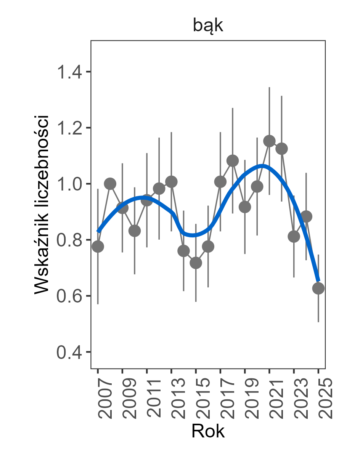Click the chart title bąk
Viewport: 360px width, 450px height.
coord(208,26)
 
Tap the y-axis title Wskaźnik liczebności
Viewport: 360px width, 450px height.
coord(42,204)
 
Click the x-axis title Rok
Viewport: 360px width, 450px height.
coord(208,431)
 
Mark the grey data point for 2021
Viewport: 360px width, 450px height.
coord(270,141)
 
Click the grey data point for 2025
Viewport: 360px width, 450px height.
coord(318,288)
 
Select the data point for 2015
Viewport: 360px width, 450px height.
coord(196,263)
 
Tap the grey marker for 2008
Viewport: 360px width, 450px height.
coord(110,184)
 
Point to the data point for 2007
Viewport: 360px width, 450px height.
coord(98,247)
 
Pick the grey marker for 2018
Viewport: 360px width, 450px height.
coord(233,161)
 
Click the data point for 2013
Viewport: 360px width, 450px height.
coord(171,182)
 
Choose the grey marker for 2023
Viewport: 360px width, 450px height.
coord(294,237)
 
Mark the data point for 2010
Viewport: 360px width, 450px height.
coord(135,231)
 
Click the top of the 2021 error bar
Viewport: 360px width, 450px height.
coord(270,87)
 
